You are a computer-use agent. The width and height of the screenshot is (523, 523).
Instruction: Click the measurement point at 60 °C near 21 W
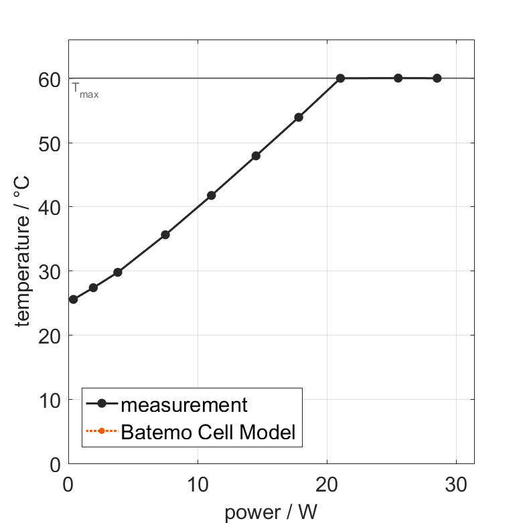pyautogui.click(x=340, y=78)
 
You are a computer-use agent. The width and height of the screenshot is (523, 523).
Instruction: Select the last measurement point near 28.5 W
pyautogui.click(x=437, y=78)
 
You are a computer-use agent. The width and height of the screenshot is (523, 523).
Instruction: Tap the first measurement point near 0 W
pyautogui.click(x=73, y=299)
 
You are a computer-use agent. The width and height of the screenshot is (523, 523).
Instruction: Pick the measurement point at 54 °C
pyautogui.click(x=299, y=117)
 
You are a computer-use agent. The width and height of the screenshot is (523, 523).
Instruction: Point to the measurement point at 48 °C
pyautogui.click(x=256, y=155)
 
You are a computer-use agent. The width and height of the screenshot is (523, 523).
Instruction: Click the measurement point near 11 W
pyautogui.click(x=211, y=196)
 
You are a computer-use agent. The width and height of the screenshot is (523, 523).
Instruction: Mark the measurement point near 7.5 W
pyautogui.click(x=165, y=234)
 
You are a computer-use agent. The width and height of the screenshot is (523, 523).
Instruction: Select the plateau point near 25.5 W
pyautogui.click(x=398, y=78)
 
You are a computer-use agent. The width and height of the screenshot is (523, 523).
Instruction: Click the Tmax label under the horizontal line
pyautogui.click(x=85, y=90)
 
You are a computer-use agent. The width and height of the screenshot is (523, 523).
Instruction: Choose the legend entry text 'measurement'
pyautogui.click(x=184, y=404)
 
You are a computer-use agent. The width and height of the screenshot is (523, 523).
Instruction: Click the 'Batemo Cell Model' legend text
pyautogui.click(x=208, y=432)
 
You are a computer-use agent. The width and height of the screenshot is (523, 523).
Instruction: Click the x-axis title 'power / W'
pyautogui.click(x=271, y=512)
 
